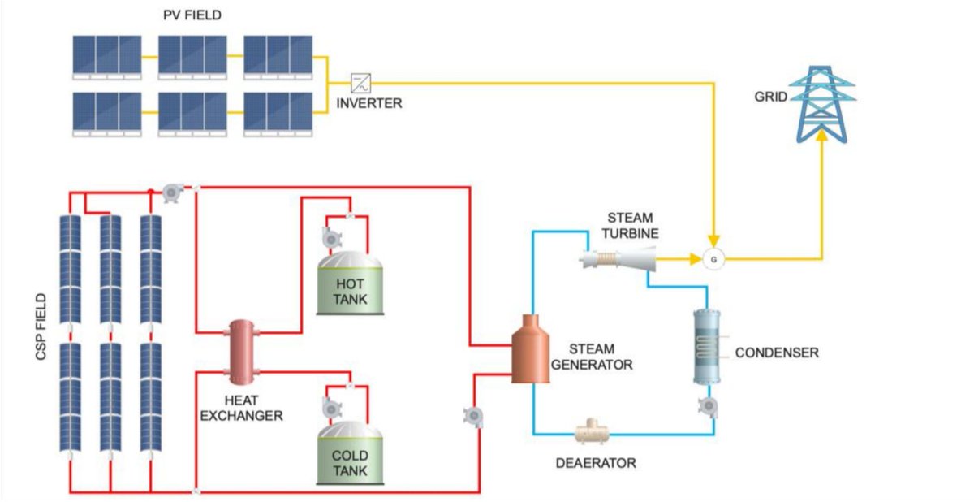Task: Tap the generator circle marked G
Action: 713,259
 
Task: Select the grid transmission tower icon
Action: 821,98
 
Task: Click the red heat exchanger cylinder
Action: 241,352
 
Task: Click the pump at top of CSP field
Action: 171,192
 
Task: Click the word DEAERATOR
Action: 596,464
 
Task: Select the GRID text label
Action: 770,97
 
